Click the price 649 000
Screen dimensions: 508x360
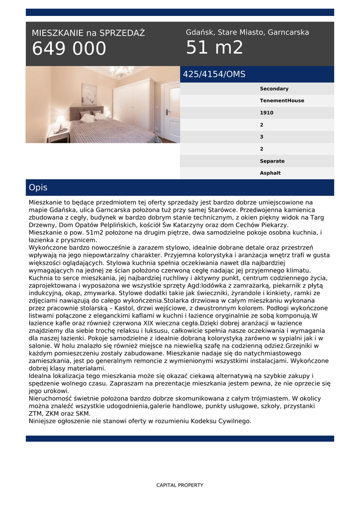69,49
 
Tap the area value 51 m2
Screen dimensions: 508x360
215,48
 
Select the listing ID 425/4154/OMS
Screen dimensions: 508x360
214,74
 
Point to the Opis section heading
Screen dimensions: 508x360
38,188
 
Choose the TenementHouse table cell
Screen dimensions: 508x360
282,101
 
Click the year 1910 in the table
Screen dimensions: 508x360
266,113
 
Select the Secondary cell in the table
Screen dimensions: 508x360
274,89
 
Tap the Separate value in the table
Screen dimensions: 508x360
272,161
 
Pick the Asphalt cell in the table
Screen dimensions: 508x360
270,173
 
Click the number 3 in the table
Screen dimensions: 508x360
262,137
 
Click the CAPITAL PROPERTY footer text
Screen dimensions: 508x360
180,485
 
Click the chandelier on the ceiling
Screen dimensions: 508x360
121,71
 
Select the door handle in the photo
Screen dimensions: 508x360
167,112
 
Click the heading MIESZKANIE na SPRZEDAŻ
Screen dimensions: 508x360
88,33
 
